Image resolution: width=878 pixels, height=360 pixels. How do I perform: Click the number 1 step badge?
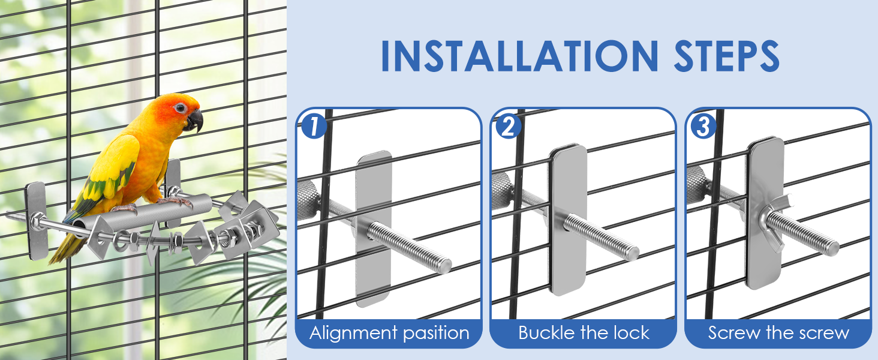coord(314,127)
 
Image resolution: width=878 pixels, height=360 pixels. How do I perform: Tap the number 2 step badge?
coord(508,127)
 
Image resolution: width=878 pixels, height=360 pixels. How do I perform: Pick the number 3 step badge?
coord(703,127)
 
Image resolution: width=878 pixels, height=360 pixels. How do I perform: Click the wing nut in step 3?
coord(762,217)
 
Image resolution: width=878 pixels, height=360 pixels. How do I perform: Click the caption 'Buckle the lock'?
coord(584,333)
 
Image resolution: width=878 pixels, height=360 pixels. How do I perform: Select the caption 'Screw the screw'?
coord(778,333)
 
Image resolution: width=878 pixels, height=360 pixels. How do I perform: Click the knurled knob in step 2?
coord(503,186)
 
